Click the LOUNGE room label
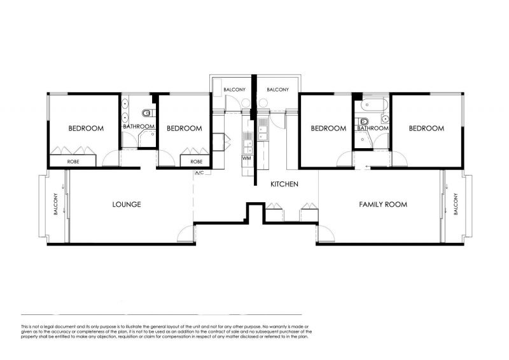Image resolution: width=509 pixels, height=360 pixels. tap(127, 204)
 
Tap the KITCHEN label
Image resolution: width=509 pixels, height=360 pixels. tap(284, 184)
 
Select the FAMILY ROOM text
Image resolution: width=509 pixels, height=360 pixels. tap(383, 204)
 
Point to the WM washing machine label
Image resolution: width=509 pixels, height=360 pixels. tap(246, 158)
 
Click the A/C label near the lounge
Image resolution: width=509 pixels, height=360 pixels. tap(199, 172)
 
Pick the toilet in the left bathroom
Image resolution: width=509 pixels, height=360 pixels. tap(148, 113)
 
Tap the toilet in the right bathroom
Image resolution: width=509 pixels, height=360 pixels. tap(363, 121)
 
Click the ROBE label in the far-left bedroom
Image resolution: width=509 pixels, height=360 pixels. tap(73, 162)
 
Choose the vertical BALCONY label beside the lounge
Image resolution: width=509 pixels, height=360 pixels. tap(56, 204)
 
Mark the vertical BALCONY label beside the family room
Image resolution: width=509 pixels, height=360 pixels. tap(456, 204)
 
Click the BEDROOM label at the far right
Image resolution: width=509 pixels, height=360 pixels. tap(426, 128)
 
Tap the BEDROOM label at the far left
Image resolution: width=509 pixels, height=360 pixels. tap(86, 128)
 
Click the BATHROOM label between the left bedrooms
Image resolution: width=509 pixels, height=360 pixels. tap(139, 127)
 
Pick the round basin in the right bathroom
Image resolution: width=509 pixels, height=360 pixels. tap(385, 119)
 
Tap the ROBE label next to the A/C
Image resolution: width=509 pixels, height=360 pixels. tap(197, 162)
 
